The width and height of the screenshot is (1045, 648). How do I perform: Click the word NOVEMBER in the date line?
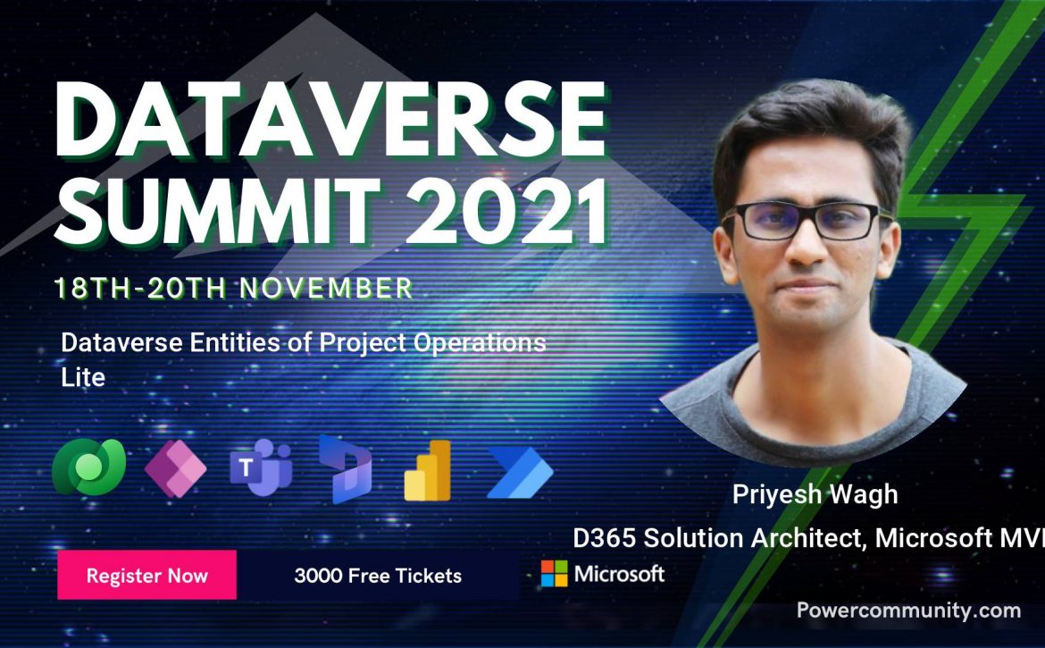tap(326, 288)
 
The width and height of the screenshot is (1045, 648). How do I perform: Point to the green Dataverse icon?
tap(88, 467)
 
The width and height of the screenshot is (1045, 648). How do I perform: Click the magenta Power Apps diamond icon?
tap(175, 468)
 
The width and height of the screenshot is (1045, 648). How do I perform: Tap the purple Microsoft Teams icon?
tap(261, 467)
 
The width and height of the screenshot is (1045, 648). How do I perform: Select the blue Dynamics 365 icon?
tap(346, 468)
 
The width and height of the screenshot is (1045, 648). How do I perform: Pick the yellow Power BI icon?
tap(427, 470)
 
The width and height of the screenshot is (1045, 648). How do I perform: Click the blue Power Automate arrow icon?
tap(520, 473)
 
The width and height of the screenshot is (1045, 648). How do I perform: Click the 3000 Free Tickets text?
tap(378, 576)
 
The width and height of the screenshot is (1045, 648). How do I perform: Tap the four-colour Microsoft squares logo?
tap(554, 573)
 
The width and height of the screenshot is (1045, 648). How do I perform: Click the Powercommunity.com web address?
tap(908, 610)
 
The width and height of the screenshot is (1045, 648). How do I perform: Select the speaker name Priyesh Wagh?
tap(815, 494)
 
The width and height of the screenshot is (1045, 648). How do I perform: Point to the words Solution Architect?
tap(755, 538)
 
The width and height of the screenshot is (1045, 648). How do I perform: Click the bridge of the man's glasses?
tap(810, 215)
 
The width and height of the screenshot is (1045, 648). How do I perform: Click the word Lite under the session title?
tap(83, 377)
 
